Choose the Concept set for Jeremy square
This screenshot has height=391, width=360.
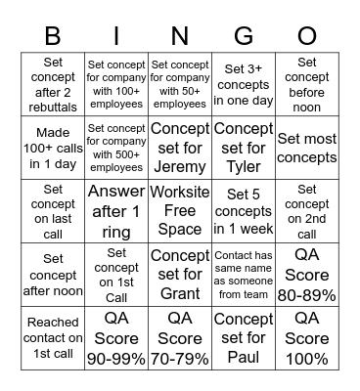click(179, 146)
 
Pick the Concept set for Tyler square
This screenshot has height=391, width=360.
click(243, 146)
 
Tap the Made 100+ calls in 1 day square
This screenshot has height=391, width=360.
click(53, 146)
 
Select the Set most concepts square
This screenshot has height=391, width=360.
click(306, 146)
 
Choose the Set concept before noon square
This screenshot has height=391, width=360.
click(306, 83)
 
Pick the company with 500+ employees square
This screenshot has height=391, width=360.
click(116, 146)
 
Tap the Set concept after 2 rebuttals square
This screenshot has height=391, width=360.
click(53, 83)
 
